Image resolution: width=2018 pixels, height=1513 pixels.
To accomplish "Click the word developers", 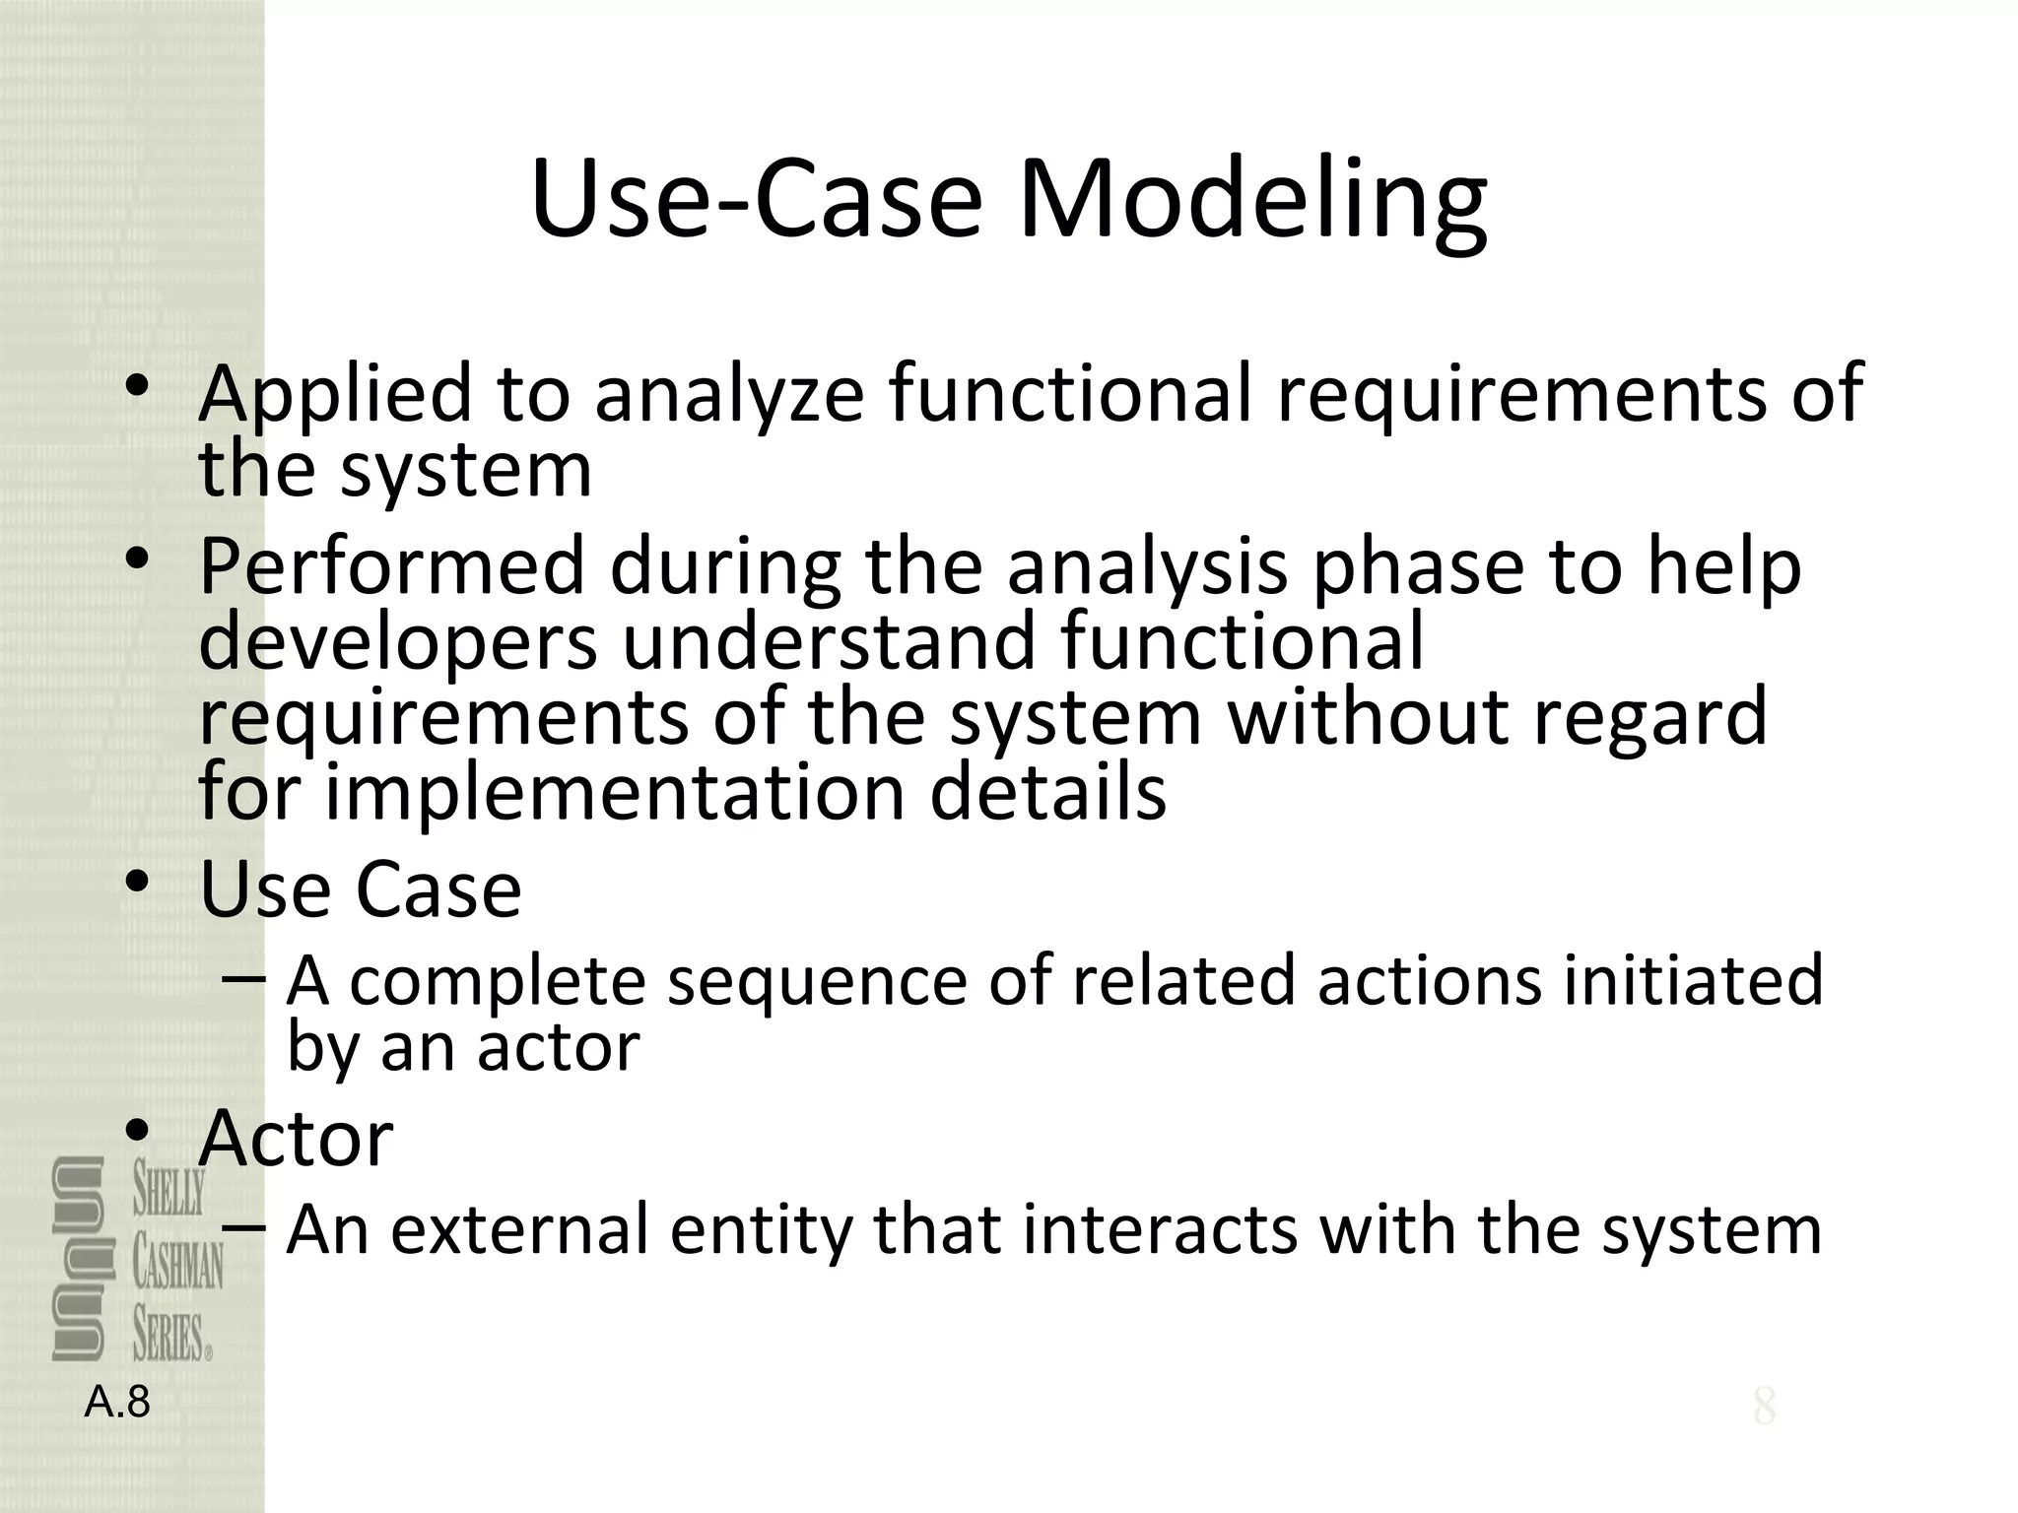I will point(398,642).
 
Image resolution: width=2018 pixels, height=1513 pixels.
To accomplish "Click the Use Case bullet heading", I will point(360,889).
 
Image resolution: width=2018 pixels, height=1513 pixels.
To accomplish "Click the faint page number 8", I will point(1764,1407).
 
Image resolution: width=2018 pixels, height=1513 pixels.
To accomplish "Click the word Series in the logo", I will point(171,1338).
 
